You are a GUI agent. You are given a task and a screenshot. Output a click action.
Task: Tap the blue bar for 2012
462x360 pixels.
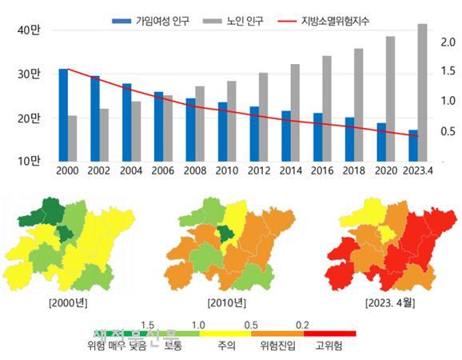[x=254, y=134]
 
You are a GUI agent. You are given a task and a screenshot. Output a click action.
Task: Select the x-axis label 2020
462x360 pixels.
[x=385, y=170]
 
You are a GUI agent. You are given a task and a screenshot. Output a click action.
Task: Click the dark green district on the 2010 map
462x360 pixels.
[x=227, y=234]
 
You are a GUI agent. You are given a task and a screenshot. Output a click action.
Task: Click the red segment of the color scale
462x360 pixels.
[x=330, y=334]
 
